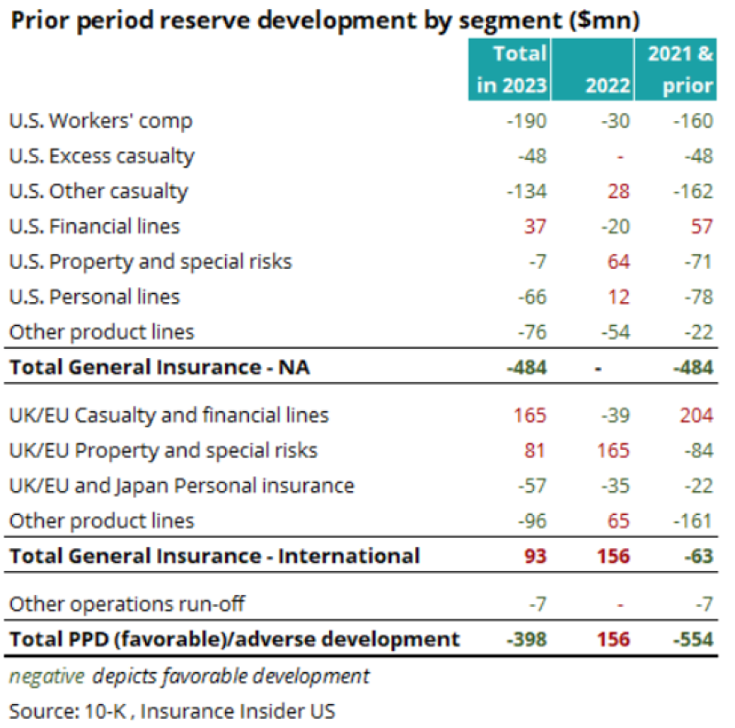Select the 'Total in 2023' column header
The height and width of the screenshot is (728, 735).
tap(511, 70)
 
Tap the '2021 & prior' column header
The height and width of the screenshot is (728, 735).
tap(680, 70)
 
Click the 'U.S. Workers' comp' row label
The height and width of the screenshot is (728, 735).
tap(100, 121)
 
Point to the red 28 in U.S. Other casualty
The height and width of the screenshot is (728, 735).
tap(618, 191)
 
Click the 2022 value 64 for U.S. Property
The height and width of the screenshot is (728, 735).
tap(618, 262)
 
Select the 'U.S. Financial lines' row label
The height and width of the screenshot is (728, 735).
tap(95, 226)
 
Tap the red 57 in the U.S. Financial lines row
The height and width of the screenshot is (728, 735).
tap(701, 226)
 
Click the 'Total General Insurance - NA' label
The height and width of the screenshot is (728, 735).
tap(160, 367)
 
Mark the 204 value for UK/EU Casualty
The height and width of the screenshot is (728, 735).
tap(696, 415)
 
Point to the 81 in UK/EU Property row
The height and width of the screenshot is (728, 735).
tap(534, 451)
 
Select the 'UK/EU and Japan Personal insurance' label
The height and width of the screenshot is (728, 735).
tap(181, 486)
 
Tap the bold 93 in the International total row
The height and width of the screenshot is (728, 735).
tap(534, 555)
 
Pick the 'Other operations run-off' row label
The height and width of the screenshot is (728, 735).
tap(127, 604)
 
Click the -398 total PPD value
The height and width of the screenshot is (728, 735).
tap(526, 639)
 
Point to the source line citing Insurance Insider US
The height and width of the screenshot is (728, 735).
tap(172, 710)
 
